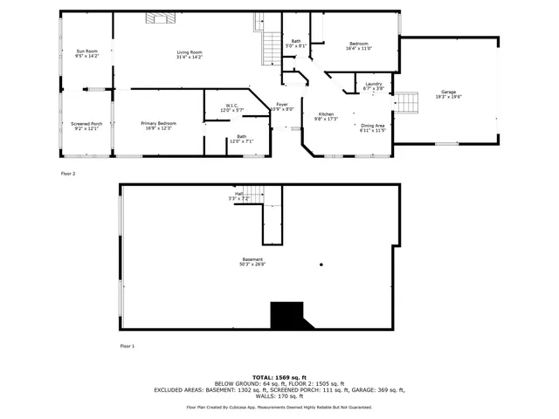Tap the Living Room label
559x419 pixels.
click(190, 54)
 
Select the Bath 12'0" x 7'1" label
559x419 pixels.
click(241, 138)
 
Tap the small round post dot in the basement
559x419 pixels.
click(321, 265)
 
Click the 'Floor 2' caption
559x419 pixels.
click(68, 174)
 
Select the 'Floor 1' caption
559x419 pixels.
click(128, 347)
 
